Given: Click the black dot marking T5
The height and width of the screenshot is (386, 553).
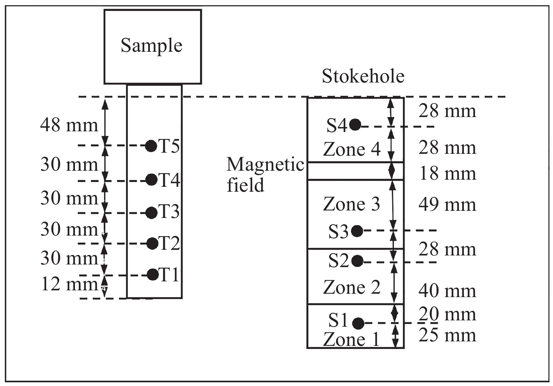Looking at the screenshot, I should tap(151, 146).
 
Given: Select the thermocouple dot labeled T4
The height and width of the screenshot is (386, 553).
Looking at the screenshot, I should tap(151, 180).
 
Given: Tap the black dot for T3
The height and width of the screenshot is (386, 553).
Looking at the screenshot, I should tap(151, 213).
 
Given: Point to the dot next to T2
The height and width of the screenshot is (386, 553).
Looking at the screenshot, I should tap(152, 243).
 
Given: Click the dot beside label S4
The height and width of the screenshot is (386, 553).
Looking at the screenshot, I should tap(355, 125).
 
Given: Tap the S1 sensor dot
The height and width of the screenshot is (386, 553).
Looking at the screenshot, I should tap(359, 323).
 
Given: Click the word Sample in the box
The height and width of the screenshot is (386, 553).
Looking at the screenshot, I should tap(151, 46).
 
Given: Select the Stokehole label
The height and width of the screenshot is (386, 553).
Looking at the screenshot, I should tap(363, 77).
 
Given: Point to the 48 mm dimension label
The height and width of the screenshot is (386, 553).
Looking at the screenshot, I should tap(69, 125).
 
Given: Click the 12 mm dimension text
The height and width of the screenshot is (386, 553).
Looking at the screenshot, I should tap(69, 284).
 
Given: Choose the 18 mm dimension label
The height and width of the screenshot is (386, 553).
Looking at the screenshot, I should tap(447, 174).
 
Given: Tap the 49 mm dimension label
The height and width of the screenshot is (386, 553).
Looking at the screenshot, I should tap(447, 205).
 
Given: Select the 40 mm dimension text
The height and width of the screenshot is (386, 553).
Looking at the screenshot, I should tap(447, 291).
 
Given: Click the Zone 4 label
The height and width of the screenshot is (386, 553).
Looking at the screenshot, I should tap(351, 149).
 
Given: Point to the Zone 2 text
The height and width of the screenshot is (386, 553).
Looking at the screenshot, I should tap(351, 288).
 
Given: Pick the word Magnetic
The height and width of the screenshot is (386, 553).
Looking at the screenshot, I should tap(265, 165).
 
